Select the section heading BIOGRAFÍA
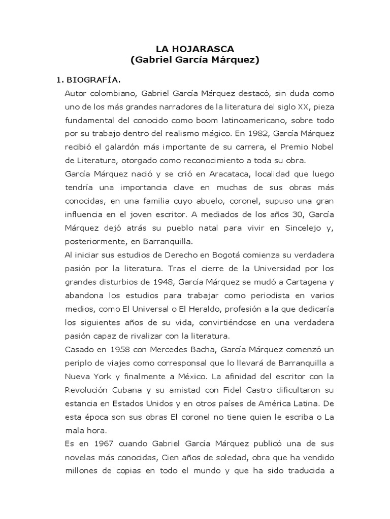[x=93, y=80]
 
